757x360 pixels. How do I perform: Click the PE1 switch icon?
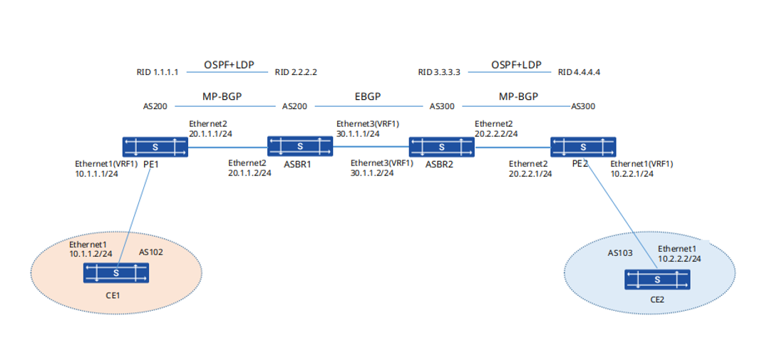coord(155,147)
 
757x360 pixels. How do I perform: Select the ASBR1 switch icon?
coord(300,145)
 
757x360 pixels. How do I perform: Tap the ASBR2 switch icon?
coord(442,147)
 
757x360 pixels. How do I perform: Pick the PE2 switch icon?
coord(583,147)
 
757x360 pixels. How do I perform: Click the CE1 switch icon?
coord(116,273)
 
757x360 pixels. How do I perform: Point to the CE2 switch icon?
coord(657,279)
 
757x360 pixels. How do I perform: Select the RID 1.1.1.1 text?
coord(158,73)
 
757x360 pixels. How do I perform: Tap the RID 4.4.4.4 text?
coord(579,73)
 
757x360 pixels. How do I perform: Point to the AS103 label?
coord(617,253)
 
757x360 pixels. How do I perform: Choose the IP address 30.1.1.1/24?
coord(357,134)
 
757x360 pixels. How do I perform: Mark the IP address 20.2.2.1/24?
coord(530,174)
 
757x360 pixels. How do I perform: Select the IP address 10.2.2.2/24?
coord(679,259)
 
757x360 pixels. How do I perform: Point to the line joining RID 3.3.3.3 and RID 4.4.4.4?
coord(510,73)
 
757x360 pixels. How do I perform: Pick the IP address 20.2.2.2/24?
coord(496,134)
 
